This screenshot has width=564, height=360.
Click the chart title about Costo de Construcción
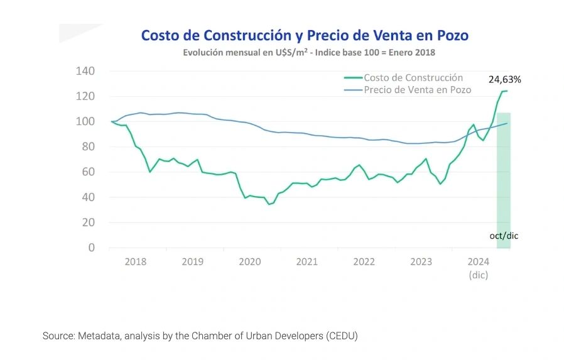pyautogui.click(x=305, y=35)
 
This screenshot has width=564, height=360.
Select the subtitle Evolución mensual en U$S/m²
pyautogui.click(x=308, y=53)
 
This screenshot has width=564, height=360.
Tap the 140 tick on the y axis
pyautogui.click(x=85, y=71)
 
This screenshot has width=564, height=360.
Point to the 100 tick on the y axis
pyautogui.click(x=85, y=121)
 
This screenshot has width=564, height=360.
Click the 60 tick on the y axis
pyautogui.click(x=88, y=172)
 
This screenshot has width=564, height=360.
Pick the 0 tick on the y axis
pyautogui.click(x=91, y=248)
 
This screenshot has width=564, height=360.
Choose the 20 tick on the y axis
pyautogui.click(x=88, y=222)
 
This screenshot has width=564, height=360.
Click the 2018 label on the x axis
pyautogui.click(x=136, y=262)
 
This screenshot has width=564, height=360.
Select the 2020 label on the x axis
pyautogui.click(x=250, y=262)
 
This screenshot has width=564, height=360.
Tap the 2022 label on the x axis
pyautogui.click(x=364, y=262)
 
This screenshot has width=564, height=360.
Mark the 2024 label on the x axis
pyautogui.click(x=479, y=262)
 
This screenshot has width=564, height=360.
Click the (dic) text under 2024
pyautogui.click(x=479, y=275)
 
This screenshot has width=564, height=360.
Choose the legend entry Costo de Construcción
pyautogui.click(x=413, y=78)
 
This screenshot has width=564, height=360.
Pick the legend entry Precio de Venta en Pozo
pyautogui.click(x=417, y=90)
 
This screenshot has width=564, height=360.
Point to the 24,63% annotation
pyautogui.click(x=505, y=80)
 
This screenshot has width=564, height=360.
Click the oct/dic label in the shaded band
pyautogui.click(x=504, y=236)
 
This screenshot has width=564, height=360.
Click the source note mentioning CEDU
pyautogui.click(x=200, y=336)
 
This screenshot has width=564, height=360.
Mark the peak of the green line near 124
pyautogui.click(x=505, y=91)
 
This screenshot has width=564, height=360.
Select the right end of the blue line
pyautogui.click(x=507, y=123)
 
